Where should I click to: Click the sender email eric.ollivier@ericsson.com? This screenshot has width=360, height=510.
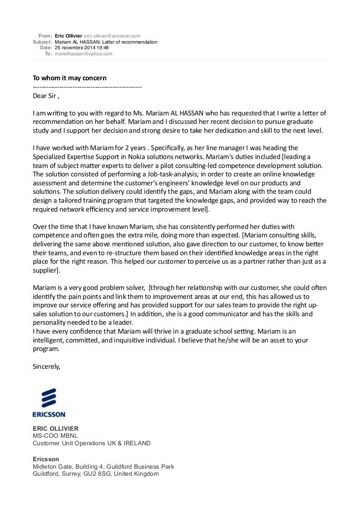click(x=112, y=36)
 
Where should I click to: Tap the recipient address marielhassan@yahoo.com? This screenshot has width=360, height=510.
click(x=83, y=54)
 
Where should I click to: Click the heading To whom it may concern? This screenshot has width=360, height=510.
click(x=70, y=77)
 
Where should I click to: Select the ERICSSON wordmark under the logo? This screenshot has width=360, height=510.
click(x=49, y=414)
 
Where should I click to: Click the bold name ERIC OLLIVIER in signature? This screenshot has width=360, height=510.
click(x=55, y=428)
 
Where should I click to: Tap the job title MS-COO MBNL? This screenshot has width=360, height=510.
click(x=52, y=435)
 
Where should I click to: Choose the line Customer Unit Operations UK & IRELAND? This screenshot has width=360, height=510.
click(x=91, y=443)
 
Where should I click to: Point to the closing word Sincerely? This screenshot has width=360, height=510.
click(x=46, y=366)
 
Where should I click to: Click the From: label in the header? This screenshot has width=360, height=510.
click(x=45, y=36)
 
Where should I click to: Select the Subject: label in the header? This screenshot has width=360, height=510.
click(x=42, y=42)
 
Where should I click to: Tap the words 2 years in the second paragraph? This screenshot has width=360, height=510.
click(x=116, y=148)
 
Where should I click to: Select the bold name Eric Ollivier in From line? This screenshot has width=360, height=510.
click(x=68, y=36)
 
